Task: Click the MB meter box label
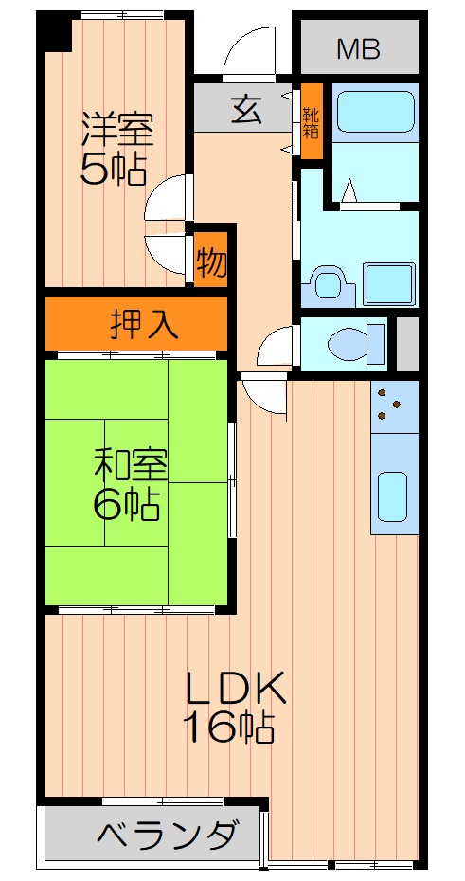tap(359, 48)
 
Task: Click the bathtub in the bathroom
tap(375, 112)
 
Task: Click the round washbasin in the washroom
tap(327, 283)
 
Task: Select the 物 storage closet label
tap(211, 261)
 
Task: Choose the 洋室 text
tap(115, 127)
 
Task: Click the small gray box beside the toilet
tap(407, 344)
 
